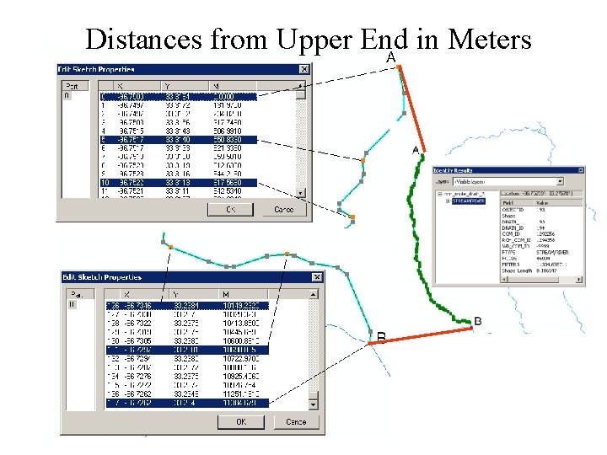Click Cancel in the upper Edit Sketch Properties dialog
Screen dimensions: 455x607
tap(284, 210)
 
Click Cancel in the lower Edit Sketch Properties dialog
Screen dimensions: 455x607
tap(296, 421)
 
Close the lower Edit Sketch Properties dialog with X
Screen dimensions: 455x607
tap(317, 277)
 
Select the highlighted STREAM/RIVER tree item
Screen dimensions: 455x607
tap(469, 201)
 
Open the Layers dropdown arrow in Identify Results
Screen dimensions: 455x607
tap(559, 181)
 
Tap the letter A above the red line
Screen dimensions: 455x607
tap(391, 57)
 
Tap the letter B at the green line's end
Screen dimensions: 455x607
tap(478, 321)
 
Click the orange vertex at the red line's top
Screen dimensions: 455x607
tap(400, 67)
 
